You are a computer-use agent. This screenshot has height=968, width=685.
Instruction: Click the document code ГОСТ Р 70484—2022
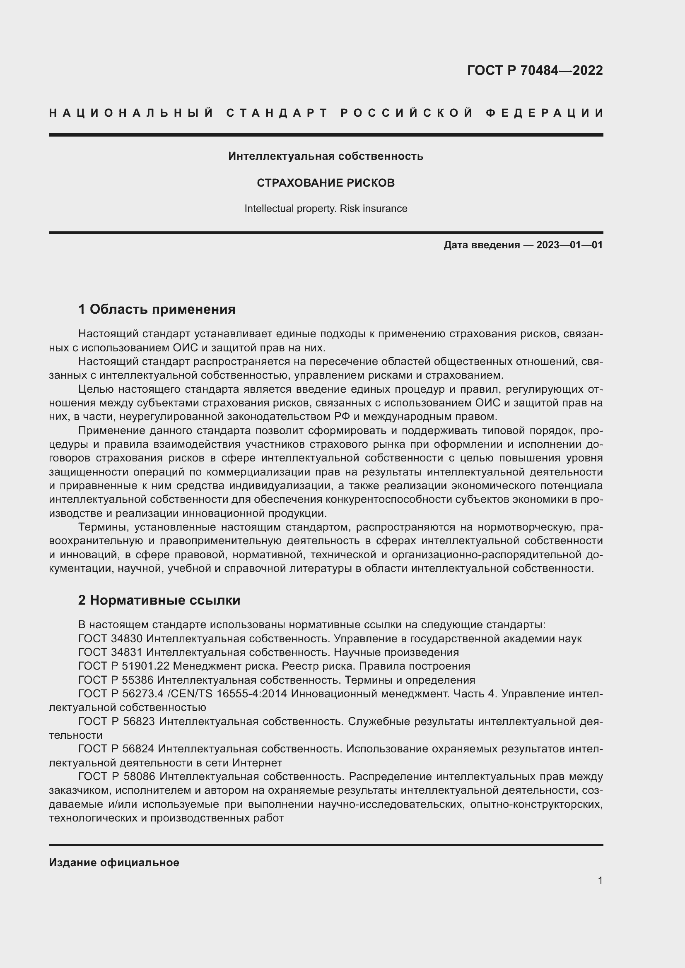[534, 70]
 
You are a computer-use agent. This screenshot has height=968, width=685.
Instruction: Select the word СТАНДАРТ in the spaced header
[277, 113]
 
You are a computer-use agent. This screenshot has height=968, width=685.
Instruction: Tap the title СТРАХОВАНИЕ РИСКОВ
[326, 183]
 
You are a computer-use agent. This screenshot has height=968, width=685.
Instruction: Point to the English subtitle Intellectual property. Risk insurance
[326, 209]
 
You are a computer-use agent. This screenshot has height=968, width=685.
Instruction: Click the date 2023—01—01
[569, 245]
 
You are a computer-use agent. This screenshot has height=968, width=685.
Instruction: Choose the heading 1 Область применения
[157, 310]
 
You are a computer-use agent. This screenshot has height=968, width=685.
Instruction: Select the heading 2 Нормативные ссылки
[159, 600]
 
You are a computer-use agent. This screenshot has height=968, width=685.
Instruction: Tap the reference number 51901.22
[143, 666]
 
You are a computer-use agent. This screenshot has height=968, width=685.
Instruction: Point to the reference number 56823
[139, 722]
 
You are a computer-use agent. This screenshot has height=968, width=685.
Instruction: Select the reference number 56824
[139, 749]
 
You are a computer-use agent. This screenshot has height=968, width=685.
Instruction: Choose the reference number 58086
[139, 776]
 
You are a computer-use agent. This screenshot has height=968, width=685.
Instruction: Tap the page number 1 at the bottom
[600, 889]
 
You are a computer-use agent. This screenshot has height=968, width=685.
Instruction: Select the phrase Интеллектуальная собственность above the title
[326, 156]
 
